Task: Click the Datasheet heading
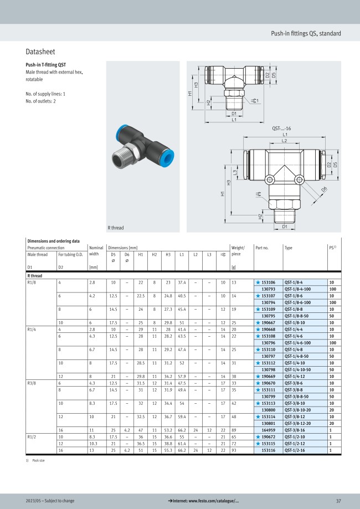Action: (x=40, y=52)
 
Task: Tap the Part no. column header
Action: (x=262, y=248)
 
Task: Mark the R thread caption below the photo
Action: (x=116, y=228)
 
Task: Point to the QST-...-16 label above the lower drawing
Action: (x=282, y=128)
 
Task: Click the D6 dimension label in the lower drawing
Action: (x=325, y=189)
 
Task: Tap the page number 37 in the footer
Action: (x=338, y=501)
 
